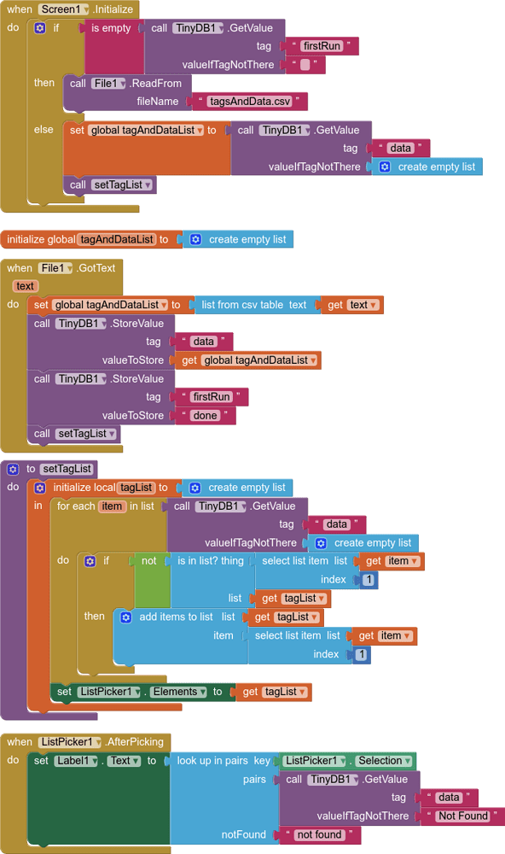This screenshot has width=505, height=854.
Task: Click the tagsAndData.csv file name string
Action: point(250,102)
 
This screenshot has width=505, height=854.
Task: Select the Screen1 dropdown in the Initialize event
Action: point(64,9)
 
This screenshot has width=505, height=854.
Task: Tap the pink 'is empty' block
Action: point(111,28)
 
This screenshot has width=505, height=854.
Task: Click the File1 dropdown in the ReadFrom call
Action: point(109,84)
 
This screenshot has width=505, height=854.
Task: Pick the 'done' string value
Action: point(205,416)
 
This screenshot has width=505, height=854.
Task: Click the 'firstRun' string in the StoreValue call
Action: point(212,397)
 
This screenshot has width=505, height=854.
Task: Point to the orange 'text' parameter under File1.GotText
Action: point(25,286)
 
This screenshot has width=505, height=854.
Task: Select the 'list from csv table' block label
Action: point(254,305)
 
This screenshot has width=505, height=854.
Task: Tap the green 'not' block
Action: point(148,561)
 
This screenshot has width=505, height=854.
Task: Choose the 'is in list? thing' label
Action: point(211,561)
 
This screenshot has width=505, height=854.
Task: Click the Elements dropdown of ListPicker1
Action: point(178,692)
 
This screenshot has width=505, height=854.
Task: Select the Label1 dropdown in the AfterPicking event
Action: point(76,761)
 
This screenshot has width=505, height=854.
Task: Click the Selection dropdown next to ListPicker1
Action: point(384,761)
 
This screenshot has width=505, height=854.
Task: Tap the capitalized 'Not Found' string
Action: point(463,816)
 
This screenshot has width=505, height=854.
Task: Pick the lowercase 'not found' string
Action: point(319,834)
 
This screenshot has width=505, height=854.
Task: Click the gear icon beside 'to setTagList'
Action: point(13,469)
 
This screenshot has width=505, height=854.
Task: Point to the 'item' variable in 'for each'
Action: point(112,506)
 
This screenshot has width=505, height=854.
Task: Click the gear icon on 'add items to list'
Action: point(126,617)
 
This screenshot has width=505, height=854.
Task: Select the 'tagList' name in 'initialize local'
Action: point(136,488)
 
